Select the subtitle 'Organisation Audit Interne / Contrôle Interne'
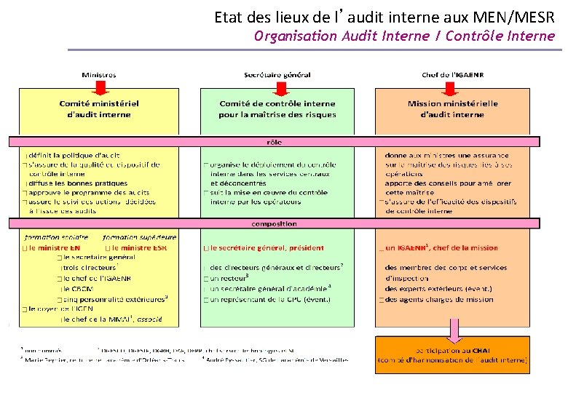click(x=404, y=36)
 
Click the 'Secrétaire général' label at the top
click(x=277, y=74)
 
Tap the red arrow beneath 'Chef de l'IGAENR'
click(x=450, y=88)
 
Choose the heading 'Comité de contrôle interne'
click(x=277, y=108)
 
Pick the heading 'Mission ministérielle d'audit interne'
click(x=452, y=108)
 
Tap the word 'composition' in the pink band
click(x=274, y=224)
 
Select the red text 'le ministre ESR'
click(x=141, y=247)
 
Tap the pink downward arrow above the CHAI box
click(x=453, y=330)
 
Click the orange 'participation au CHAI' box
click(x=452, y=354)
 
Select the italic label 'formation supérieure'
click(x=140, y=237)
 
